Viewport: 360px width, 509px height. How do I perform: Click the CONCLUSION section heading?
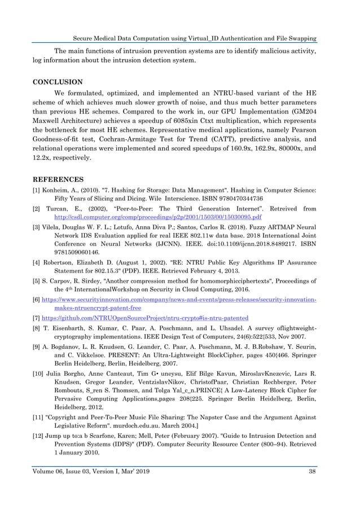click(58, 81)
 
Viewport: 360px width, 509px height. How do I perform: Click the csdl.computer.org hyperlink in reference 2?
click(158, 217)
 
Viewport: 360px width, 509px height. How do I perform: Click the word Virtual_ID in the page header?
click(191, 38)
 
